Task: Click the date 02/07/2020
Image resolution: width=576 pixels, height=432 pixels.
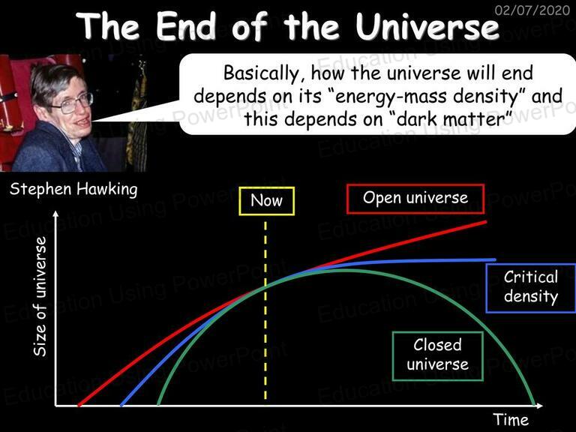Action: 532,9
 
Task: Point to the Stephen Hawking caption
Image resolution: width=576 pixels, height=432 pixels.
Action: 73,190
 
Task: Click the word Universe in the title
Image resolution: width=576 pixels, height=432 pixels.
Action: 427,26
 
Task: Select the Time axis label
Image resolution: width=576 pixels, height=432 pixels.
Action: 511,419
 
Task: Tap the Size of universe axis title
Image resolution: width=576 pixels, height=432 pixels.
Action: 40,296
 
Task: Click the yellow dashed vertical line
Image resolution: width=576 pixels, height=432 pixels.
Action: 265,310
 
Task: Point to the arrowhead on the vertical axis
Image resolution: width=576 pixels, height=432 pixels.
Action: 55,214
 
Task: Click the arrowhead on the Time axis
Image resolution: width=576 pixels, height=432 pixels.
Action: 539,406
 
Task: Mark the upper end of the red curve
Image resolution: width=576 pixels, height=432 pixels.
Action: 486,222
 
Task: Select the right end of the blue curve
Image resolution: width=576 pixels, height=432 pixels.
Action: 495,259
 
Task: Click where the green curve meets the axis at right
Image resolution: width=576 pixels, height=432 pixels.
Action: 534,405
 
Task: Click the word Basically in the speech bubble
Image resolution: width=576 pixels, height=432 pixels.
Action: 262,73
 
